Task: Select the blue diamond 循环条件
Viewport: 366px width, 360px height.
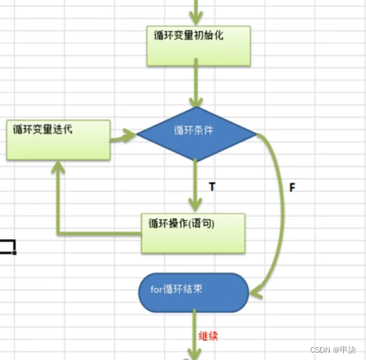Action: coord(196,132)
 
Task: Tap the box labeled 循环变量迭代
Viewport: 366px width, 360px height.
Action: coord(58,140)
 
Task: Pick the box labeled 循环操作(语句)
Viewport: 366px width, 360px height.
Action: coord(193,232)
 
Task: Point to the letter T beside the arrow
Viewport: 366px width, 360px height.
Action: coord(212,187)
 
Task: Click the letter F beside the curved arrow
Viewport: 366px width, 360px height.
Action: coord(292,188)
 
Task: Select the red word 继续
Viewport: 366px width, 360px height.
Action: coord(209,335)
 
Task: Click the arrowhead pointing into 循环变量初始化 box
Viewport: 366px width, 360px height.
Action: coord(198,20)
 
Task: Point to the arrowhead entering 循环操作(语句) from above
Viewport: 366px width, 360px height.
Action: coord(195,206)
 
